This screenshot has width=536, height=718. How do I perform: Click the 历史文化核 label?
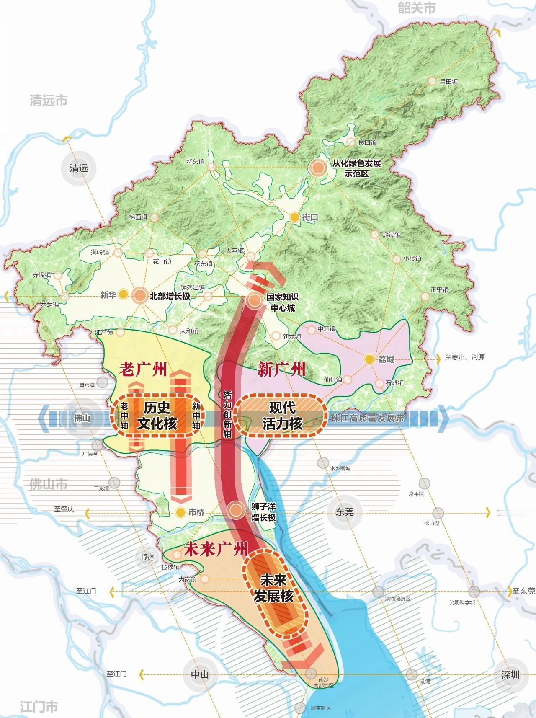[157, 415]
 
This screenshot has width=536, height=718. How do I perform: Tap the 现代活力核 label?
[282, 415]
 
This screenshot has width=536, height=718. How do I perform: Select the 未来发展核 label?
[273, 588]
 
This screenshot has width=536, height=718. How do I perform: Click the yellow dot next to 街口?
[295, 217]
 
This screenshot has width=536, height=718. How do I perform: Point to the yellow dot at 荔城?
[369, 359]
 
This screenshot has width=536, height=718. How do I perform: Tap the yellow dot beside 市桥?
[180, 512]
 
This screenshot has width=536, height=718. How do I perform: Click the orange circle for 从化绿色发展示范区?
[317, 168]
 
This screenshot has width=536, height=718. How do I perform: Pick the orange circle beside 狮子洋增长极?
[236, 510]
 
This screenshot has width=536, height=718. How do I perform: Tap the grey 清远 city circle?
[79, 168]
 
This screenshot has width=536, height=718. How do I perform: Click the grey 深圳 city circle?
[510, 674]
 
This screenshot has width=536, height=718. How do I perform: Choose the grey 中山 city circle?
[200, 674]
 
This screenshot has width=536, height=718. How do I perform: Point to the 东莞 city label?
[345, 511]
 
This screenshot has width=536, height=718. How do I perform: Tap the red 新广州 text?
[281, 370]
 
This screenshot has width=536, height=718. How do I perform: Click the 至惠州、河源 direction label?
[465, 357]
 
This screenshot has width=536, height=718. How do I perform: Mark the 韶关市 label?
[416, 8]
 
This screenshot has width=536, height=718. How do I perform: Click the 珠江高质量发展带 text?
[367, 418]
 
